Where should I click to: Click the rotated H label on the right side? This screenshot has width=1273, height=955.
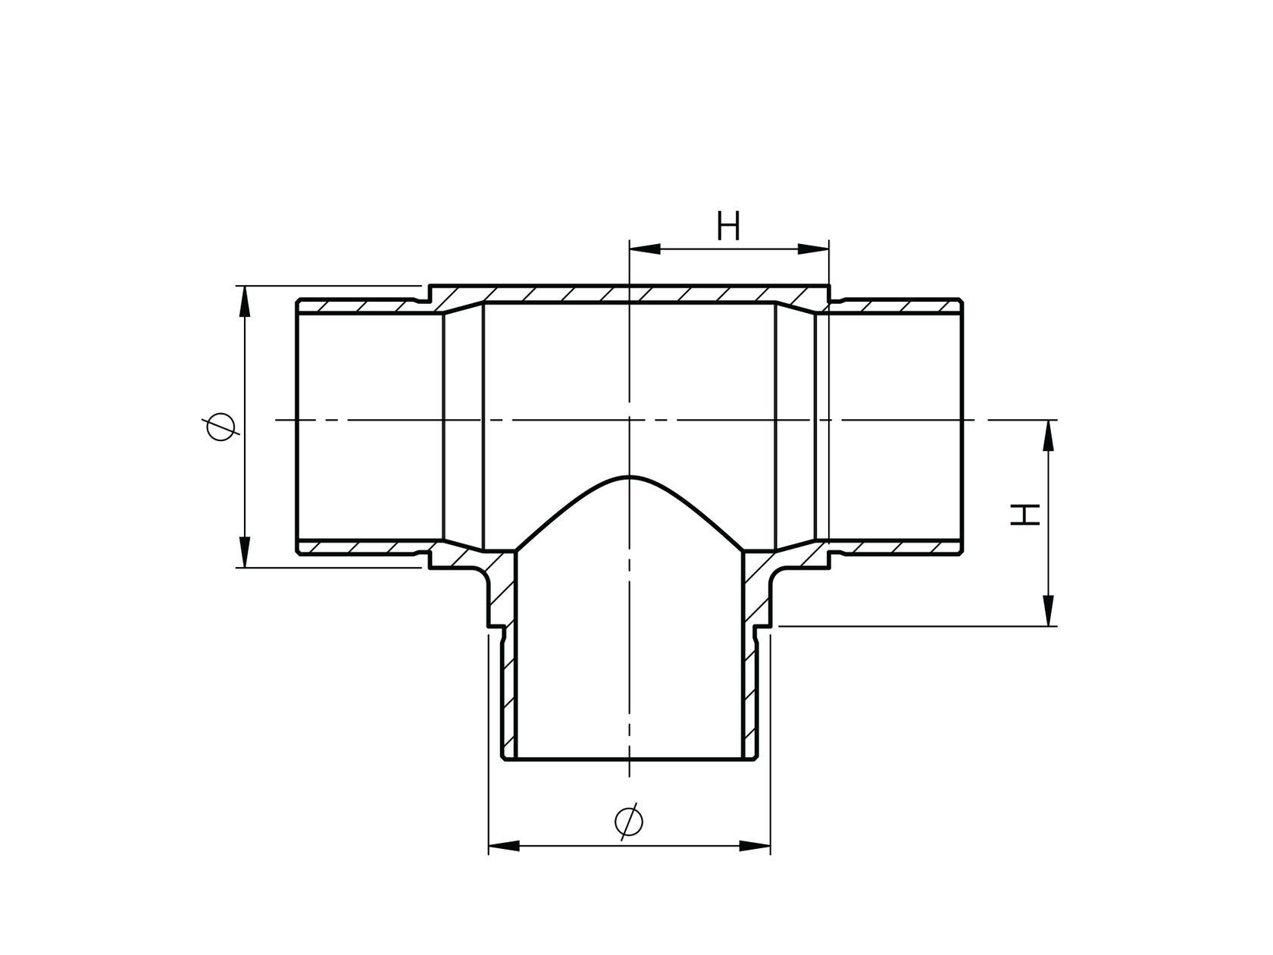click(x=1025, y=515)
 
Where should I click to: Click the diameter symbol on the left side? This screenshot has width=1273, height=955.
click(x=221, y=427)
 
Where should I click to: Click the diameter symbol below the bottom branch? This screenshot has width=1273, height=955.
click(x=629, y=820)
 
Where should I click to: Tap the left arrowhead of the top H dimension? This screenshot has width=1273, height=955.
click(x=645, y=249)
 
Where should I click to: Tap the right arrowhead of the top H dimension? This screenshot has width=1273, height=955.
click(x=813, y=249)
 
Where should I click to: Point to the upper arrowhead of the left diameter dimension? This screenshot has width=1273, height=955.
click(x=244, y=301)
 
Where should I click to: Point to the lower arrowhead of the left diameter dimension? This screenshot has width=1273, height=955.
click(x=244, y=551)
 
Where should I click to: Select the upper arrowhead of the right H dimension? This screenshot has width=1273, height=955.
click(x=1049, y=435)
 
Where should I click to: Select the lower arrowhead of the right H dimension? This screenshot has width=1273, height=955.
click(x=1049, y=610)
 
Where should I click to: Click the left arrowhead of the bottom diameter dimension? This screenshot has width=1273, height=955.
click(x=505, y=845)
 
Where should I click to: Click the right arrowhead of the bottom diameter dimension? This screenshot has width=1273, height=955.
click(x=754, y=845)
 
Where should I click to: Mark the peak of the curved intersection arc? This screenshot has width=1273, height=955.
click(x=630, y=477)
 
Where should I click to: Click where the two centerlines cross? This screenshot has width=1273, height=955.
click(x=630, y=419)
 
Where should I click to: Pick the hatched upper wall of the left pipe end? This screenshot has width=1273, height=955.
click(x=356, y=307)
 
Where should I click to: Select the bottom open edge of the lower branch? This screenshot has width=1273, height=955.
click(x=630, y=759)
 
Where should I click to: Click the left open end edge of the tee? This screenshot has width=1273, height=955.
click(x=297, y=424)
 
